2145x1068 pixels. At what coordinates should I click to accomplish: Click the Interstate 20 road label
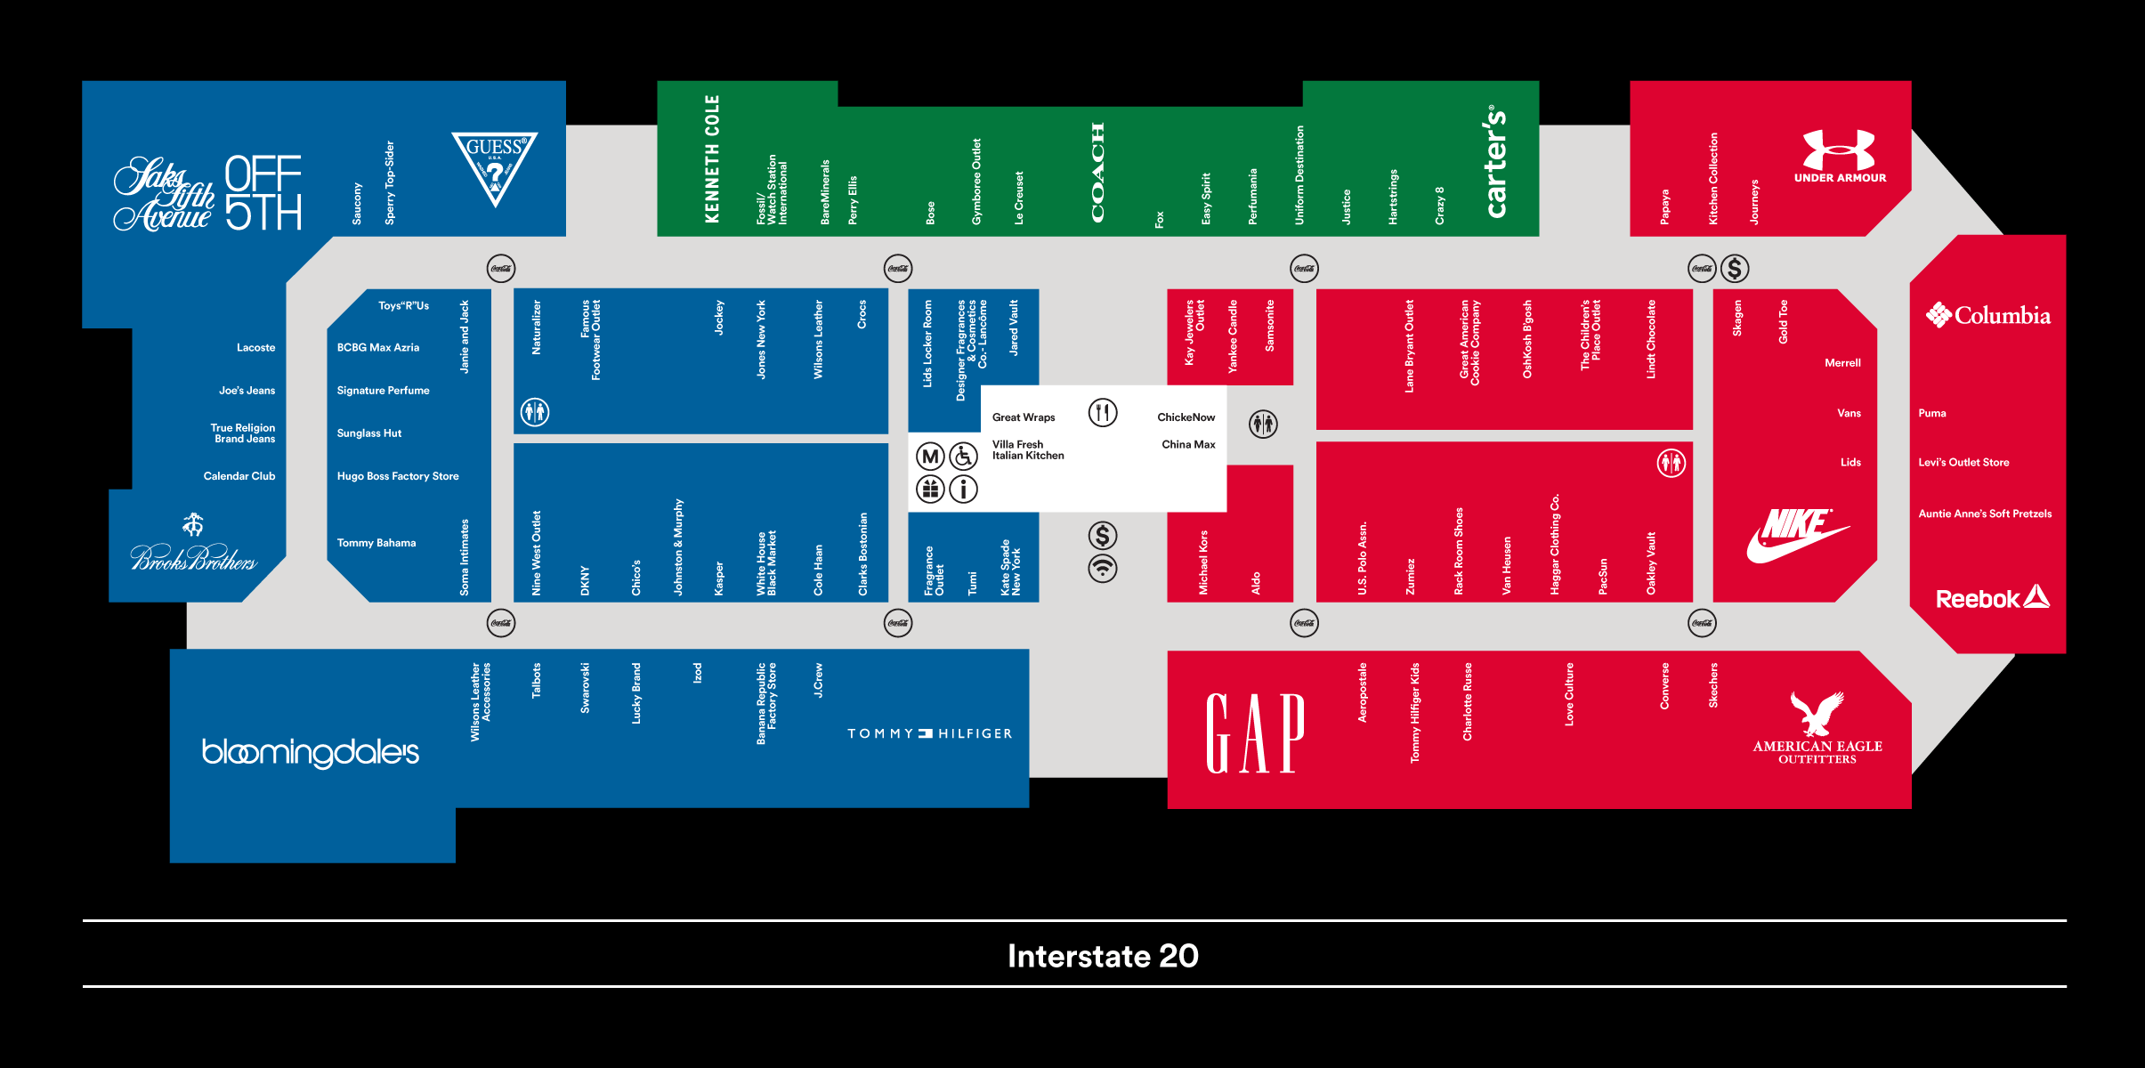click(1103, 956)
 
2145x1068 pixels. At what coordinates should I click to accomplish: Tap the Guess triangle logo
click(495, 166)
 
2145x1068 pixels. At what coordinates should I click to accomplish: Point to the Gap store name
click(1255, 733)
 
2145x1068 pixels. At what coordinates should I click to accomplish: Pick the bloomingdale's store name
click(311, 752)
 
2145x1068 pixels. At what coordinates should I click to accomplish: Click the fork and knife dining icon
click(1103, 412)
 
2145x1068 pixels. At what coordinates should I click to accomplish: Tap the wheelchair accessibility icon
click(963, 457)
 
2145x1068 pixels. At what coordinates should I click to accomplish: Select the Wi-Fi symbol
click(1103, 569)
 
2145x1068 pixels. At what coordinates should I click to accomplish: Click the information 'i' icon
click(963, 489)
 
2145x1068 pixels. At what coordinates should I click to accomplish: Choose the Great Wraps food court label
click(1024, 417)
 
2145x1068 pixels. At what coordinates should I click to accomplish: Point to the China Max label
click(1188, 444)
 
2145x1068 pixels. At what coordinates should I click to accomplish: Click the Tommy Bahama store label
click(376, 543)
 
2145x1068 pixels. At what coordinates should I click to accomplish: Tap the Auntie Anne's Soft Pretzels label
click(1985, 514)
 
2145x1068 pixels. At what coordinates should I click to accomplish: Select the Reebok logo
click(1993, 598)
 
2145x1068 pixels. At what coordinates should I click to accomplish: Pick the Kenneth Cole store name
click(712, 158)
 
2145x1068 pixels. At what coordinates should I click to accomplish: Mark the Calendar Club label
click(239, 476)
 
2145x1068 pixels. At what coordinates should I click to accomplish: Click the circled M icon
click(930, 457)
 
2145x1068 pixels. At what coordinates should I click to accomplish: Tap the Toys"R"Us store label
click(403, 305)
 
